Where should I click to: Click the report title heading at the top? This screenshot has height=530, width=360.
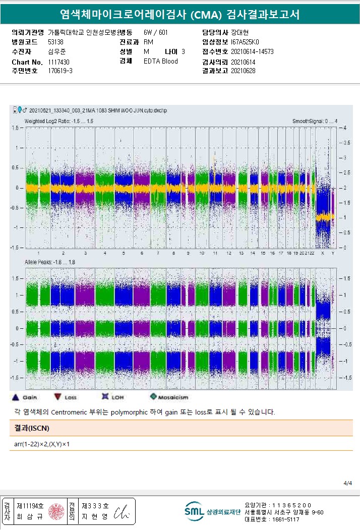point(179,15)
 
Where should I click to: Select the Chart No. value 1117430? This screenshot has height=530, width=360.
point(59,62)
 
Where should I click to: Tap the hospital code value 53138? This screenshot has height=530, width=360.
point(55,42)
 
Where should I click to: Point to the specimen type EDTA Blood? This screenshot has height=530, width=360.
point(160,61)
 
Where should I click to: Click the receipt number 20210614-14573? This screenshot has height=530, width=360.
point(252,51)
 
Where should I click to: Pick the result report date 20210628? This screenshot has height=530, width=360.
point(243,71)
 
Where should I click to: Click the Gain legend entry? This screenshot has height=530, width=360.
point(26,397)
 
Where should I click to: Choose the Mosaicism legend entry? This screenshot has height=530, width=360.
point(168,397)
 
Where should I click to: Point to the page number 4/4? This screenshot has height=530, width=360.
point(348,483)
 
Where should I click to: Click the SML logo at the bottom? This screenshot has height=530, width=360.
point(194,511)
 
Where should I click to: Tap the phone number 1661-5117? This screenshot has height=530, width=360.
point(285,519)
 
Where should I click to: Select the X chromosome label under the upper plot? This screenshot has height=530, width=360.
point(323,253)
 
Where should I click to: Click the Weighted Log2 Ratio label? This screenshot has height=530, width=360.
point(58,121)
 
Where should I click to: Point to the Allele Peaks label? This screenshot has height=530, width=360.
point(49,262)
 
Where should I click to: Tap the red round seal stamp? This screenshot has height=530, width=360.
point(56,511)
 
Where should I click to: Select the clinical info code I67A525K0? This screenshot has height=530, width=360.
point(245,42)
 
